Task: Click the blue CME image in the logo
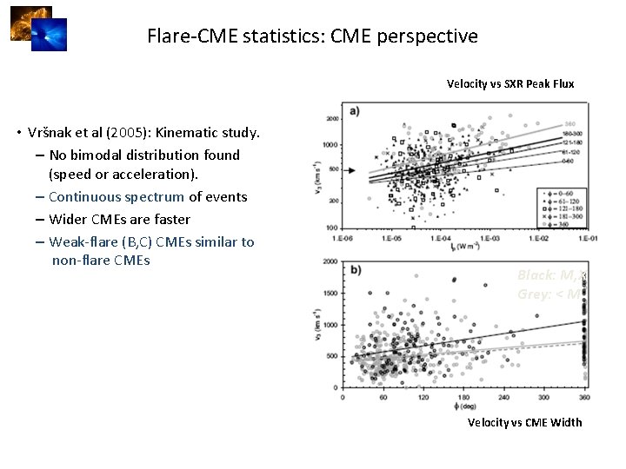tap(49, 35)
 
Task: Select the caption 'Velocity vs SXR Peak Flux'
tap(510, 84)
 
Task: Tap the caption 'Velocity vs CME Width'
tap(524, 422)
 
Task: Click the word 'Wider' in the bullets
tap(68, 219)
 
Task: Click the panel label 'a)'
tap(356, 110)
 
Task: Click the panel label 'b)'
tap(356, 270)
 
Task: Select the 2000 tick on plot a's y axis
tap(331, 120)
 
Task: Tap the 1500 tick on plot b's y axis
tap(331, 294)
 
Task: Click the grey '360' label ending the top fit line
tap(569, 122)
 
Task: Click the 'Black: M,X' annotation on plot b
tap(550, 275)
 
